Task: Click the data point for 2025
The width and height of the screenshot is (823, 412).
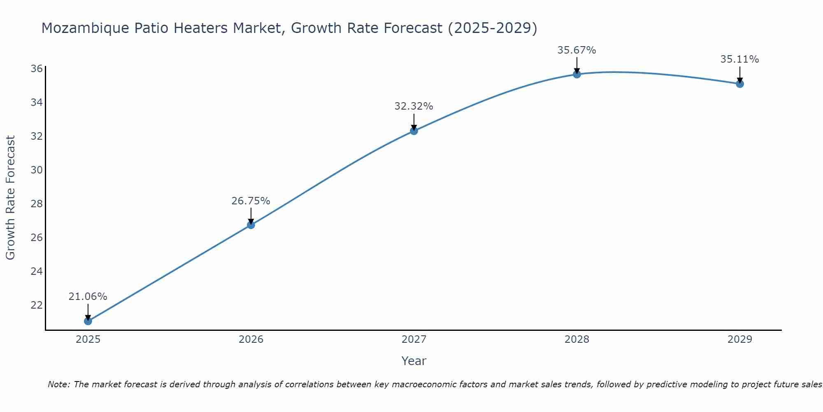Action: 88,321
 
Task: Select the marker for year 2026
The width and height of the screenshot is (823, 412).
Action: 251,225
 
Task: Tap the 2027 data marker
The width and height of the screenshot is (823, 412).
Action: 414,131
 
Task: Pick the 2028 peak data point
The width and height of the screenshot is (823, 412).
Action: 577,74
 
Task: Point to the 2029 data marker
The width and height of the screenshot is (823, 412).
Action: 739,84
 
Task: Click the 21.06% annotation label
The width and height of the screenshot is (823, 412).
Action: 88,297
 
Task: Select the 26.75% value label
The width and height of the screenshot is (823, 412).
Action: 251,201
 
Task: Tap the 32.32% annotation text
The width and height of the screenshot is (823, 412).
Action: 414,106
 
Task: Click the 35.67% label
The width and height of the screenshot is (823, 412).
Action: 577,50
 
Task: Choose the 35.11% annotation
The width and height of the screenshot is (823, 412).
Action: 739,59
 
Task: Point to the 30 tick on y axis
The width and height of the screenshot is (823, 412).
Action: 37,170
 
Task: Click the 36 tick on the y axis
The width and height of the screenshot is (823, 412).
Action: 37,68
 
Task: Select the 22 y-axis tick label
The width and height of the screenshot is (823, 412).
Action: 37,305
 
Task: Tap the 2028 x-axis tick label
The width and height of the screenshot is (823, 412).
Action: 577,339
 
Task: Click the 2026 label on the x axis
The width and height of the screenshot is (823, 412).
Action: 251,339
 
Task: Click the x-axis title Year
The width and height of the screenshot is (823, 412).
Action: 414,361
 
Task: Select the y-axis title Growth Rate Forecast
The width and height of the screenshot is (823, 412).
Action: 10,198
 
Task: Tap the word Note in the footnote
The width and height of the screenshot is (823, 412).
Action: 59,384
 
